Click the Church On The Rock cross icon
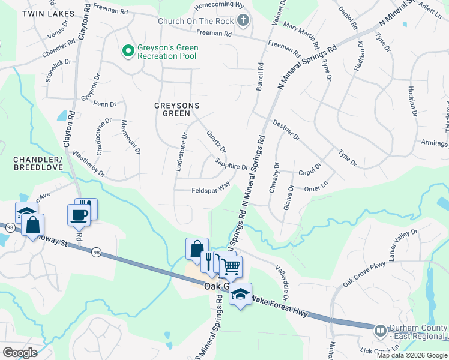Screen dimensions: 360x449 point(243,22)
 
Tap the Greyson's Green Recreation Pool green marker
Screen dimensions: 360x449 point(127,51)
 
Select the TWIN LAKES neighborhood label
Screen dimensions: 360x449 point(48,13)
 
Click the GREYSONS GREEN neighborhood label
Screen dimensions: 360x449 point(176,109)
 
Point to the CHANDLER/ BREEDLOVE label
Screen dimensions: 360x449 point(37,164)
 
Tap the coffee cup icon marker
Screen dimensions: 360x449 point(78,215)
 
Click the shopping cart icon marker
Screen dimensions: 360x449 point(230,266)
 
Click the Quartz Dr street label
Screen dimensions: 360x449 point(216,141)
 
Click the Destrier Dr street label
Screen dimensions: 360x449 point(286,129)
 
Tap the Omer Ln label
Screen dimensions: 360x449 point(316,187)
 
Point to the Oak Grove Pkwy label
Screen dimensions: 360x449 point(363,274)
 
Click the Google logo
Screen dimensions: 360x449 point(20,352)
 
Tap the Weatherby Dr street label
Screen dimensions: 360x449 point(88,164)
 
